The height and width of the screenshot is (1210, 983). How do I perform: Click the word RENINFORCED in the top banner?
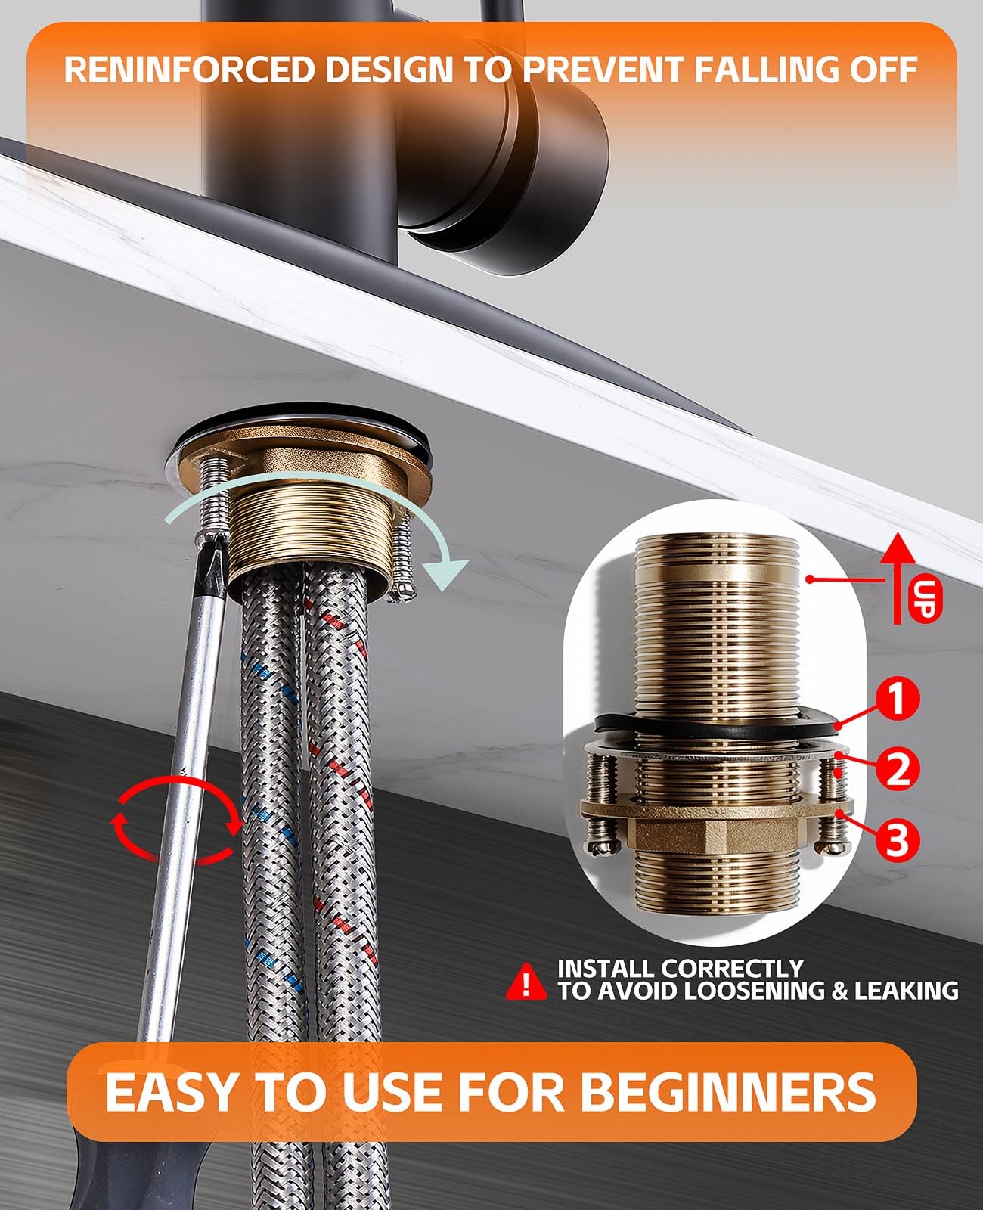point(189,70)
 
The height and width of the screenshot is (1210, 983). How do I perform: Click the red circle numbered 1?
point(896,698)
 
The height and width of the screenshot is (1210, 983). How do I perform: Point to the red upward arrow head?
point(898,547)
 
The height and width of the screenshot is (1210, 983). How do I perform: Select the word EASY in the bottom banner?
point(170,1093)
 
